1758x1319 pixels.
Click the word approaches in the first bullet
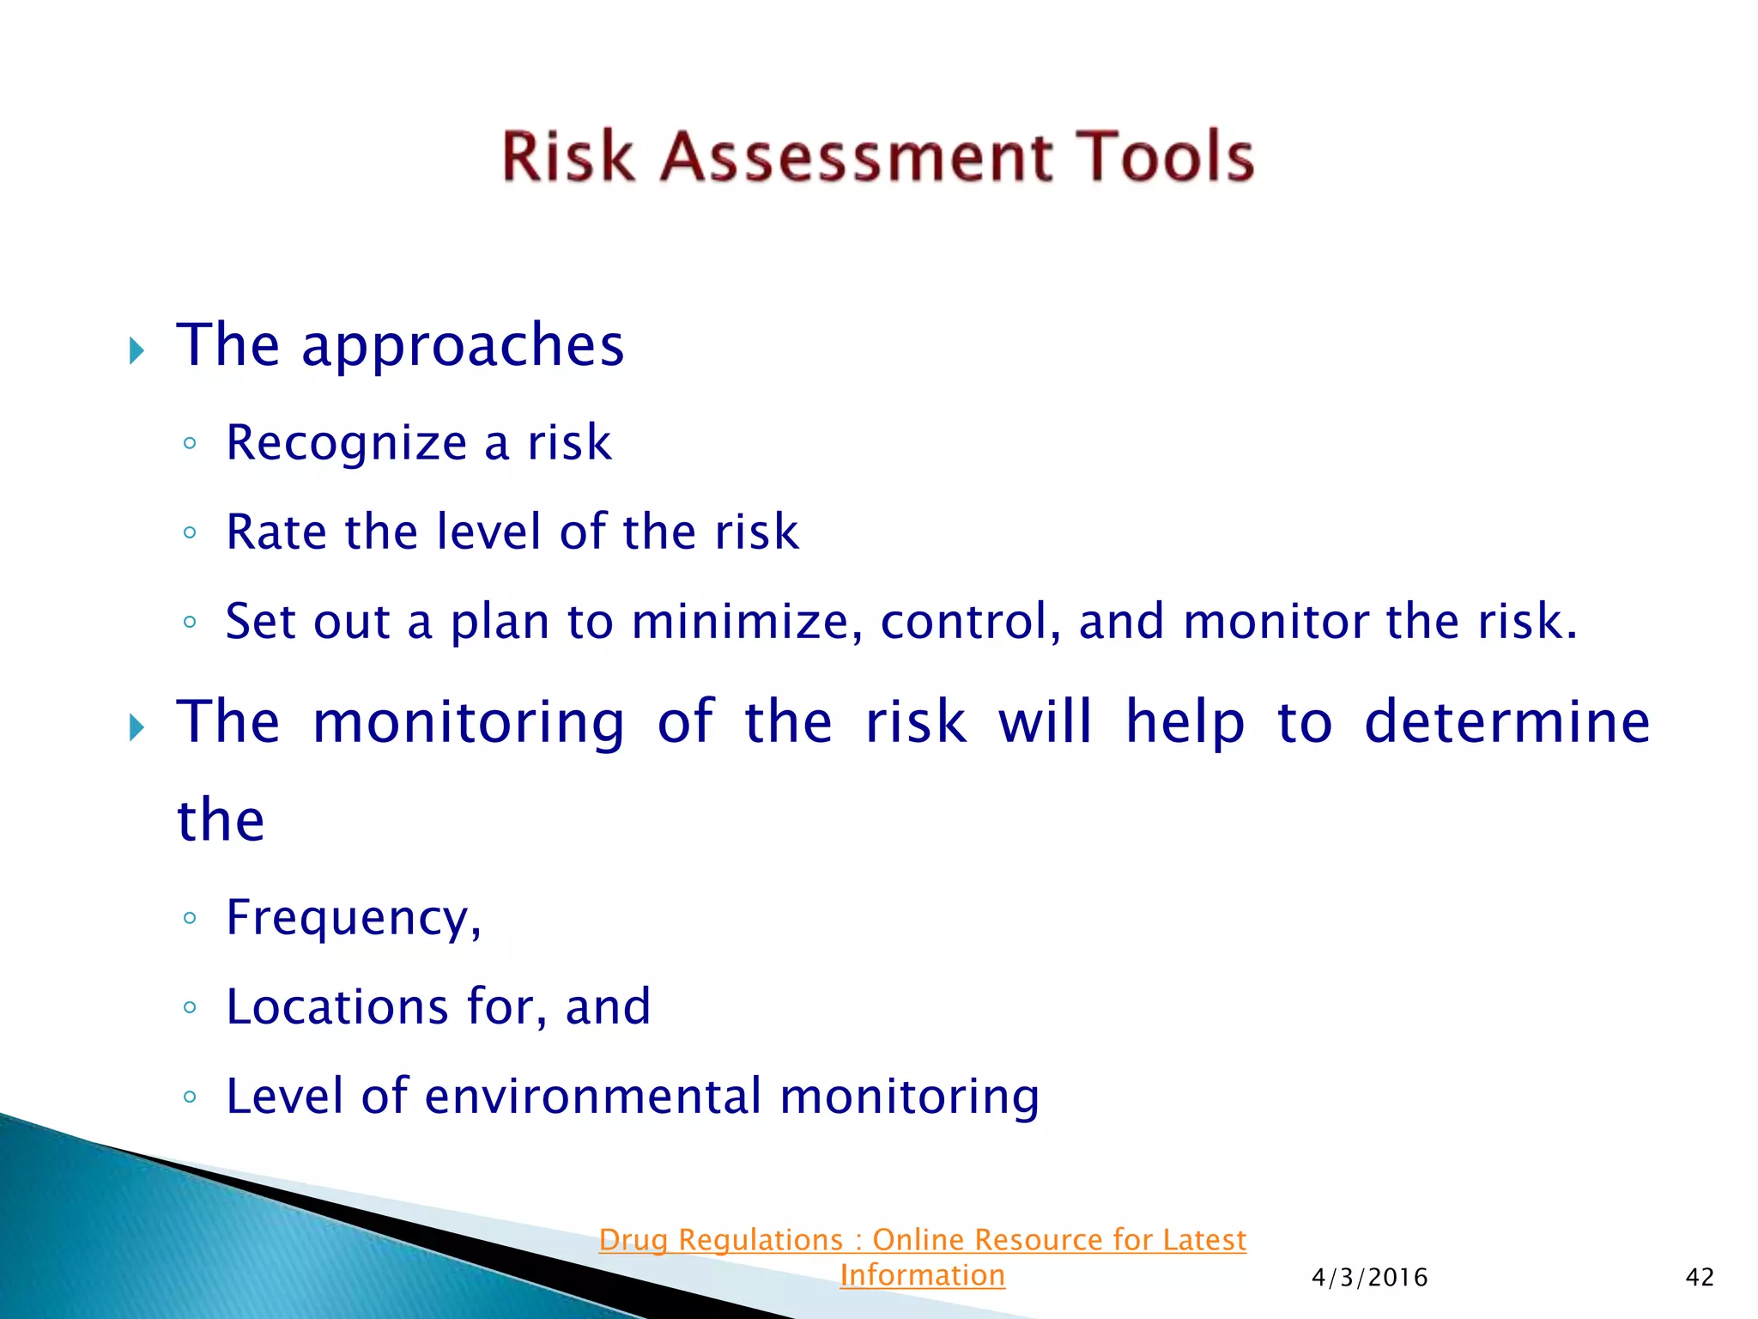(463, 346)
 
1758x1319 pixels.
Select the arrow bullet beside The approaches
(136, 350)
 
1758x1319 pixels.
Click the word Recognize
(346, 444)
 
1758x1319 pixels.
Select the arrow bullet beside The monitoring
(136, 728)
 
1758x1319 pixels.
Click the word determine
(1506, 721)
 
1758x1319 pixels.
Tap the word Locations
(336, 1006)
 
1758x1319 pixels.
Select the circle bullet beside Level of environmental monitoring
(190, 1097)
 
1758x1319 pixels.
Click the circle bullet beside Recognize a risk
(190, 444)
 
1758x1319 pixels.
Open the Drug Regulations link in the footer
(922, 1240)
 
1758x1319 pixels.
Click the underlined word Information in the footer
(922, 1275)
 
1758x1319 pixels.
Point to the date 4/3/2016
(1369, 1278)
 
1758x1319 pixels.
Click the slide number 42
(1700, 1278)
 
